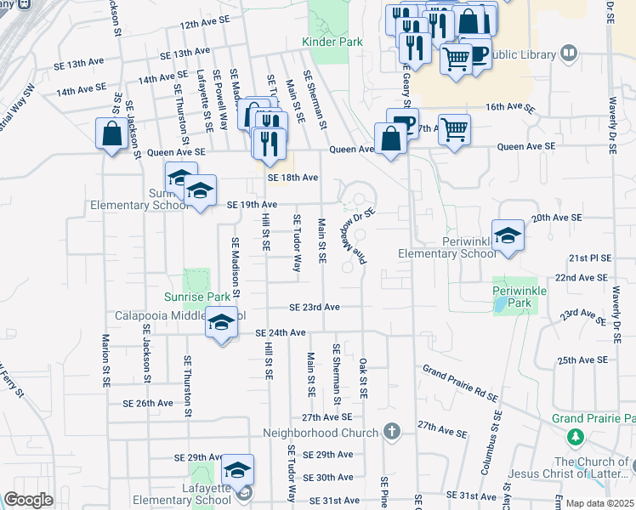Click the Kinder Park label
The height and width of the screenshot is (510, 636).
[332, 42]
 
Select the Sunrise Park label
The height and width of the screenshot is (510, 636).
[197, 297]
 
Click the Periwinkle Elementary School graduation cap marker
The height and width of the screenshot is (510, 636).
[508, 235]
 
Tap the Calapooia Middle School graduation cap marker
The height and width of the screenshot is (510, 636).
[221, 323]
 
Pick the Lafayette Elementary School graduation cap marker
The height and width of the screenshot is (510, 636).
[237, 468]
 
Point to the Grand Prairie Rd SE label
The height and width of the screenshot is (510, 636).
[460, 382]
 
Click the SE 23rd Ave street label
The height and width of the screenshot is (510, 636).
[315, 307]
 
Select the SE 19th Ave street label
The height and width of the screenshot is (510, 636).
[253, 205]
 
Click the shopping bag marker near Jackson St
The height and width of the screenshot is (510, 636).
[111, 133]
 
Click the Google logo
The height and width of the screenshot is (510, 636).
[28, 500]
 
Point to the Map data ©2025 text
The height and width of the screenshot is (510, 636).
[599, 503]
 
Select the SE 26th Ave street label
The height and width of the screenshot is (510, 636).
[148, 403]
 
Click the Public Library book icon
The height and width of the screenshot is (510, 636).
[570, 54]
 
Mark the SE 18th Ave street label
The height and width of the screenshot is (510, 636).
[292, 178]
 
